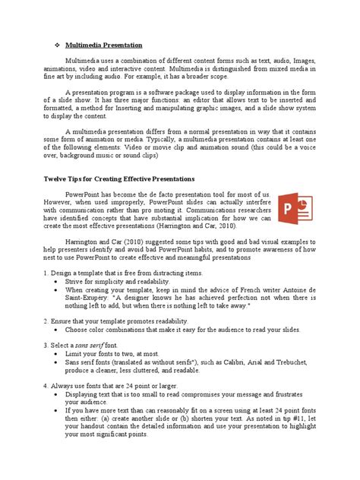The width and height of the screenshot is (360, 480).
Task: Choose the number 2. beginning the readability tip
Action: pyautogui.click(x=46, y=321)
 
